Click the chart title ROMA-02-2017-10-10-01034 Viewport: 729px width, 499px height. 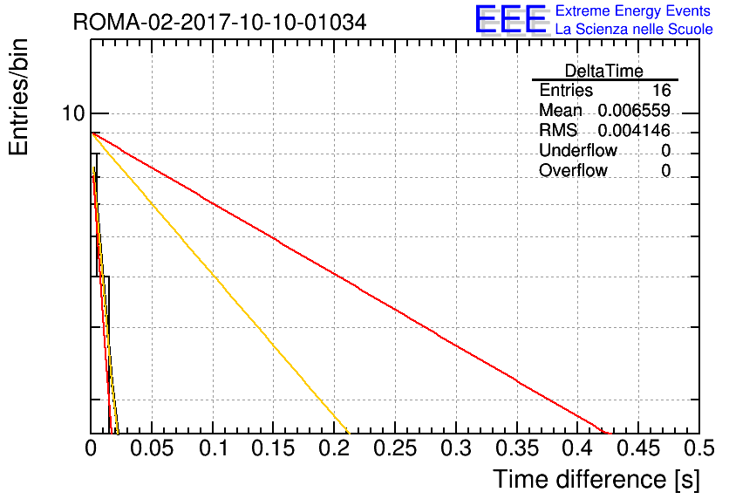click(x=220, y=22)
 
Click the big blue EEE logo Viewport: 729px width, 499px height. click(x=512, y=19)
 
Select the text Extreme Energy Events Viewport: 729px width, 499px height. click(x=633, y=10)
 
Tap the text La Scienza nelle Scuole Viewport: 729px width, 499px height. click(x=634, y=29)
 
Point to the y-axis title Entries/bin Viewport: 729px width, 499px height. click(x=18, y=97)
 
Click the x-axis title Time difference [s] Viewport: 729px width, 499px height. click(x=596, y=479)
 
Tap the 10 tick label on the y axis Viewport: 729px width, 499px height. click(x=74, y=113)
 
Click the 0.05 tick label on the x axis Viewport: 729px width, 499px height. click(x=152, y=448)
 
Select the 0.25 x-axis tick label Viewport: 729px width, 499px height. click(x=395, y=448)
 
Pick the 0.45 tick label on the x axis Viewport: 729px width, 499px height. click(x=638, y=448)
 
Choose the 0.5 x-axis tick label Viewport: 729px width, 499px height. click(x=698, y=448)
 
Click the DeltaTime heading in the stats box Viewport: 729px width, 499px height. click(x=604, y=71)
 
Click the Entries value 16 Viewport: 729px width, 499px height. click(x=661, y=90)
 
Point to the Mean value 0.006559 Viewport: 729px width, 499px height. click(x=634, y=110)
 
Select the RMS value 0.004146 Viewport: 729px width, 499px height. click(x=634, y=130)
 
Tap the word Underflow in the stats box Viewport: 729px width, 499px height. click(x=578, y=150)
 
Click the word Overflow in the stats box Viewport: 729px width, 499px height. click(x=573, y=170)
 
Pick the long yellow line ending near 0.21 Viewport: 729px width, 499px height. click(x=220, y=284)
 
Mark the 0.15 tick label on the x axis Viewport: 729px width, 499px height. click(x=273, y=448)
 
